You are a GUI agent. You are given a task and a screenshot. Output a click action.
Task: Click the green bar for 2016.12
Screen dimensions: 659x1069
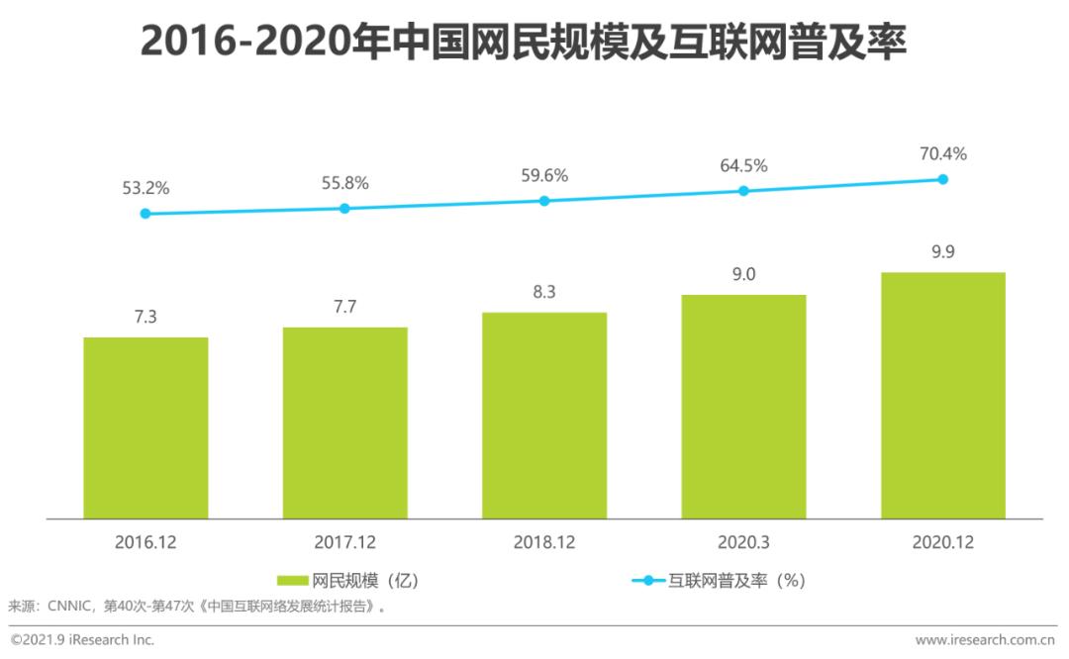click(x=146, y=427)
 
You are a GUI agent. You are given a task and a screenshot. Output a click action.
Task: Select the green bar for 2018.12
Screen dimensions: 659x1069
click(x=544, y=416)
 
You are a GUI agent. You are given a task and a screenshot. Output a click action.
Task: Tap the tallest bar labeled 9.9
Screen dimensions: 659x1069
click(x=942, y=395)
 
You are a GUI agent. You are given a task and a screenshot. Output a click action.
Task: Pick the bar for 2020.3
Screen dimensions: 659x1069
click(x=743, y=407)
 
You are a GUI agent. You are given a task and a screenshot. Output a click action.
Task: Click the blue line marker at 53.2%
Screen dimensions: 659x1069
click(x=146, y=214)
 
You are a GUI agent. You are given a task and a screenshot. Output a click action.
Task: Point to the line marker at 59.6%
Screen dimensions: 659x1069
click(x=544, y=201)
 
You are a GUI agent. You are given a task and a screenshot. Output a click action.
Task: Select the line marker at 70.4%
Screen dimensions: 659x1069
click(x=942, y=179)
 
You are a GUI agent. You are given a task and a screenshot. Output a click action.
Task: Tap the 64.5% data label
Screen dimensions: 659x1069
click(x=743, y=165)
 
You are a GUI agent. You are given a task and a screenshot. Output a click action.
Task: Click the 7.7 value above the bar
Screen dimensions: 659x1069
click(x=344, y=307)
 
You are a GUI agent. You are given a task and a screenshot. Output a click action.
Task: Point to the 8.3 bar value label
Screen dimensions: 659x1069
click(x=544, y=292)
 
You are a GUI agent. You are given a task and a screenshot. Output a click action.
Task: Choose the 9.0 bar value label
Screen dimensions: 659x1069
click(x=743, y=274)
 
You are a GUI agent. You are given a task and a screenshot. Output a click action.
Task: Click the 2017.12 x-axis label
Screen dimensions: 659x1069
click(x=344, y=542)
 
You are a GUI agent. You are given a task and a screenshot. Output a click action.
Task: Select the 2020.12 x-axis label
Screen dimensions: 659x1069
click(x=942, y=542)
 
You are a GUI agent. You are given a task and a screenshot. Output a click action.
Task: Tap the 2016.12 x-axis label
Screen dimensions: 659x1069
click(x=146, y=542)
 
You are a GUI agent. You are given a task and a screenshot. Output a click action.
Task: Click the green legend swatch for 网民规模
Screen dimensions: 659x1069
click(x=292, y=581)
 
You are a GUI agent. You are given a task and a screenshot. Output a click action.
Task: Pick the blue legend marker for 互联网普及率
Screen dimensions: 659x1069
click(x=648, y=581)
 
